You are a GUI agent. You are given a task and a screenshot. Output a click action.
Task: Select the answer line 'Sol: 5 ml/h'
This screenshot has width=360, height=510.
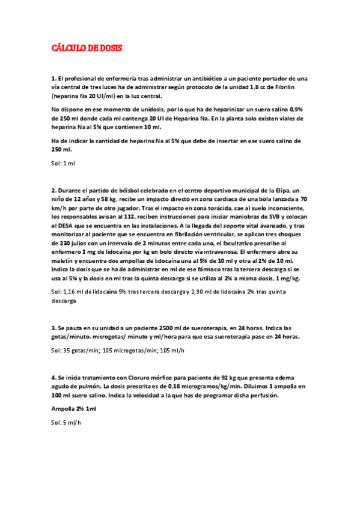pyautogui.click(x=66, y=422)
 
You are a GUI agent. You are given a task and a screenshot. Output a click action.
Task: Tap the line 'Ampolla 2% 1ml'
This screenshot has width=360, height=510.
pyautogui.click(x=73, y=409)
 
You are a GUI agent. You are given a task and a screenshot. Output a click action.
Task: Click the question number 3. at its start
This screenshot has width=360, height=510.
pyautogui.click(x=53, y=328)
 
